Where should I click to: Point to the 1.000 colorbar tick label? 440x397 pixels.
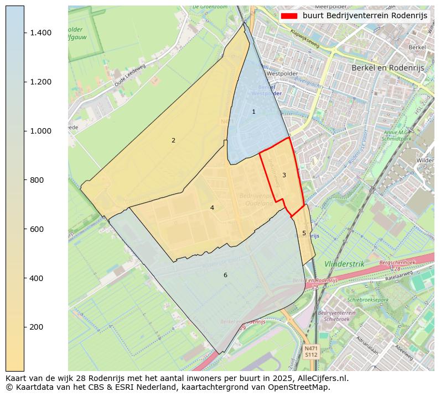[40, 131]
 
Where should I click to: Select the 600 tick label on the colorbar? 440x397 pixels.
[36, 229]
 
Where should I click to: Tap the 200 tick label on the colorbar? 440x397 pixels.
[36, 327]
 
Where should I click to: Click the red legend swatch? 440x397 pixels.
[289, 15]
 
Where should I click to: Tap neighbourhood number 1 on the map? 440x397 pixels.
[254, 112]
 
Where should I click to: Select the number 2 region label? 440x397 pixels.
[173, 141]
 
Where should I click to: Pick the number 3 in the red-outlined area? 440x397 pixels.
[284, 176]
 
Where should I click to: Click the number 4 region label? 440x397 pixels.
[212, 208]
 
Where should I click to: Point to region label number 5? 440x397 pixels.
[304, 234]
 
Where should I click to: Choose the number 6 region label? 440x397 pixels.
[225, 276]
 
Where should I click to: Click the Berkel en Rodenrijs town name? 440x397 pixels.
[387, 67]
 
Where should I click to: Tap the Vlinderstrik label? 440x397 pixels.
[345, 264]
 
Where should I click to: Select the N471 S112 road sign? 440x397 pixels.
[311, 352]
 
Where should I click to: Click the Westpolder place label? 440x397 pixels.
[282, 73]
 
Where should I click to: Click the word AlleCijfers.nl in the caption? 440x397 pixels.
[320, 379]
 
